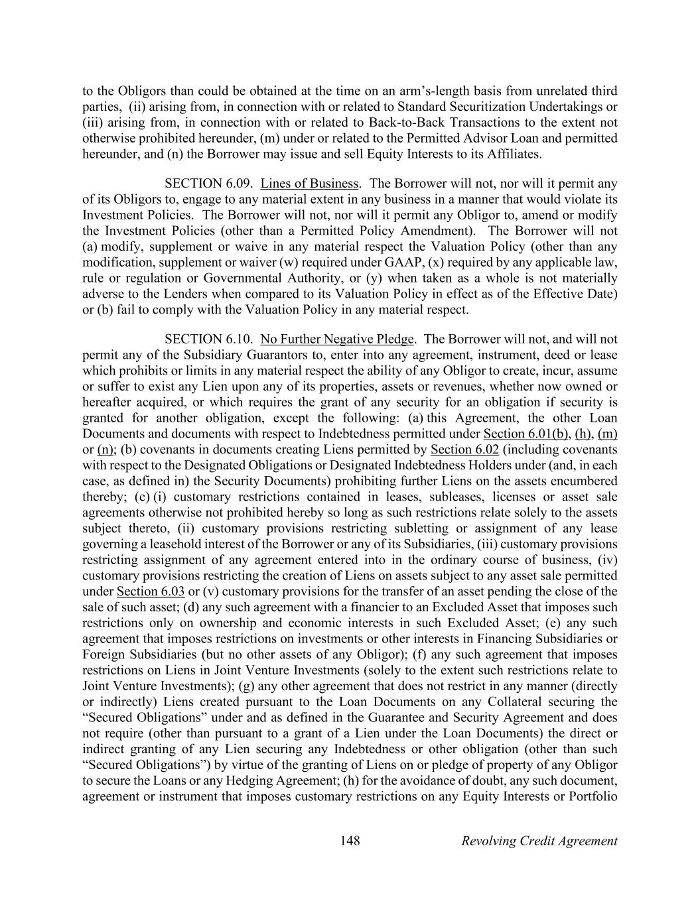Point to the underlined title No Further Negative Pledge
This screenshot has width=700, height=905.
pos(337,339)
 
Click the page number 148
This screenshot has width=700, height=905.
pos(350,841)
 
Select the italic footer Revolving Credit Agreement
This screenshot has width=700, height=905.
pos(539,841)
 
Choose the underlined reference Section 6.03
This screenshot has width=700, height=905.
pos(150,591)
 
